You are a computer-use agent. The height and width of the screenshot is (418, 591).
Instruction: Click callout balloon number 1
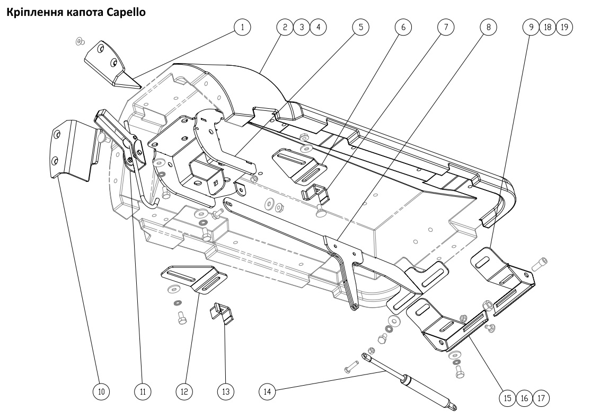(242, 27)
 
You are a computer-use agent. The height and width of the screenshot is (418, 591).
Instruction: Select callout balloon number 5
(361, 27)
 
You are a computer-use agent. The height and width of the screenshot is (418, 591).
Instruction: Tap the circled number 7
(446, 27)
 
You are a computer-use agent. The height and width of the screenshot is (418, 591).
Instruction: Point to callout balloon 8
(489, 27)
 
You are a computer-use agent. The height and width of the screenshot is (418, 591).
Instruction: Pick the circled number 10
(101, 391)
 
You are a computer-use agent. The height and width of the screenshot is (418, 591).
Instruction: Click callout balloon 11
(143, 391)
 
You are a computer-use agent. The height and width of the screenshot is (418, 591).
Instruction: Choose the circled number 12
(184, 391)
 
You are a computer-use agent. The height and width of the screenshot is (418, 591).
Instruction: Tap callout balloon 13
(225, 391)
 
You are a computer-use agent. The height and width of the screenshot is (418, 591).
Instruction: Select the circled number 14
(267, 391)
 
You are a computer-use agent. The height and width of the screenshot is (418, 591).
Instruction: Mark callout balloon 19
(564, 27)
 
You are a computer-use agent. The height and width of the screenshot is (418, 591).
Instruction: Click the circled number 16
(524, 398)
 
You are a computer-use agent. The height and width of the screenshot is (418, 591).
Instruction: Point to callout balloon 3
(302, 27)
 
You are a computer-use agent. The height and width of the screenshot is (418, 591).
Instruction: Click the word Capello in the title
(126, 12)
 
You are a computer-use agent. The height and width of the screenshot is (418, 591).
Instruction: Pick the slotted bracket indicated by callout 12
(194, 280)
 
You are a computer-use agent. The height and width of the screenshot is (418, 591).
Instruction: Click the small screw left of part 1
(80, 41)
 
